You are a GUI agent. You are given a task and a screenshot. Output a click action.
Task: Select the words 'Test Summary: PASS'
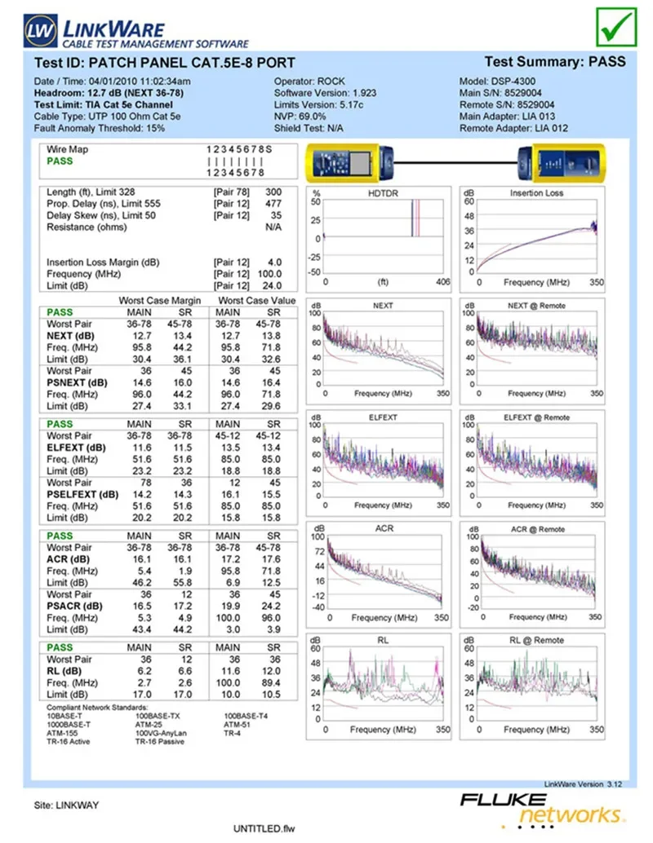click(x=555, y=61)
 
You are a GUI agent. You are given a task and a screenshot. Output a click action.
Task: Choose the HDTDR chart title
click(x=384, y=193)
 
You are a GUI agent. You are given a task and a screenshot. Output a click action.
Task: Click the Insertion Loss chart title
click(x=536, y=193)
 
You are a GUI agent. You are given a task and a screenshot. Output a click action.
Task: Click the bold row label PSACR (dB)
click(x=75, y=606)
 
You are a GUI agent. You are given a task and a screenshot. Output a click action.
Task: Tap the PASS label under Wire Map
click(x=60, y=161)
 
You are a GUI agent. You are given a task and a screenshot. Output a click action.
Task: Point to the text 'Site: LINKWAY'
click(x=66, y=805)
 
